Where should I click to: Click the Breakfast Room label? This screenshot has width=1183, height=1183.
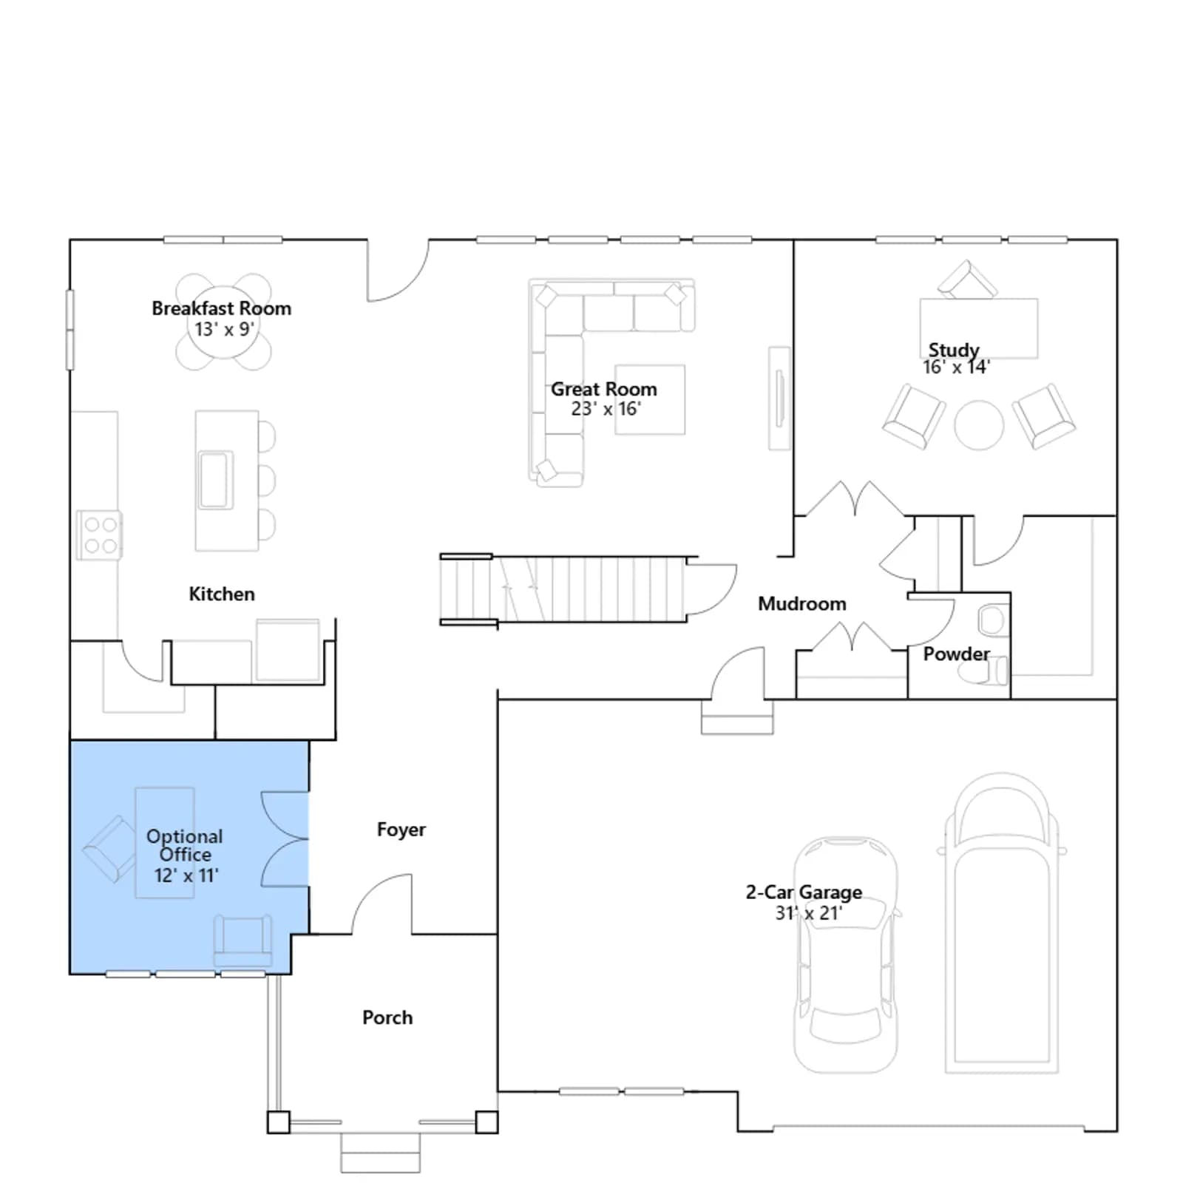221,308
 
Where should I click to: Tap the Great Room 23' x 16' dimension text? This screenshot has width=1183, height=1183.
606,409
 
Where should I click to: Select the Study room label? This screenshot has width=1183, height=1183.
954,350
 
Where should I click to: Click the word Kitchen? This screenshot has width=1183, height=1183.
221,594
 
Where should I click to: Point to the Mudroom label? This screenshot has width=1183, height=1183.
801,604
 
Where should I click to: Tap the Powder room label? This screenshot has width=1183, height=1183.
956,654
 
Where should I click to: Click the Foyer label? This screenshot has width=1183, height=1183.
401,830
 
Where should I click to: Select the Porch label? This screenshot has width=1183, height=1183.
387,1017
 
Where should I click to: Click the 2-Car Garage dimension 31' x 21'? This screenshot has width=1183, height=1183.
808,913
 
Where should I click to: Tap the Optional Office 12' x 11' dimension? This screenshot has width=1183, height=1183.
186,875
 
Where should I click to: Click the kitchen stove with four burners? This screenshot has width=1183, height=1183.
99,535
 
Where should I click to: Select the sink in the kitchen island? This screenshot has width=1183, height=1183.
215,480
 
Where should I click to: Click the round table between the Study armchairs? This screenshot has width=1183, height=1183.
979,425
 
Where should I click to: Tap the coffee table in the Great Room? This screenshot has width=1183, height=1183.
650,399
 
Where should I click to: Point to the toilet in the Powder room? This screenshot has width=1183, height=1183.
984,672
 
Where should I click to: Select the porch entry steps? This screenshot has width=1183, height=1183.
380,1152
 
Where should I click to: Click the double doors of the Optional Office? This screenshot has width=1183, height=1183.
285,838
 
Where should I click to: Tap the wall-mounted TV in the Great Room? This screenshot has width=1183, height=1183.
779,399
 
